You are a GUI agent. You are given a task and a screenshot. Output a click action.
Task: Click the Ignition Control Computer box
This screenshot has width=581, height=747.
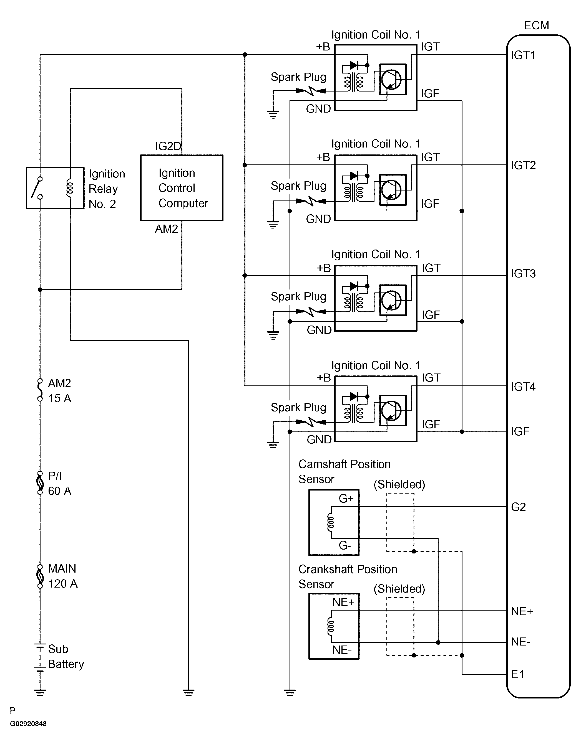click(182, 188)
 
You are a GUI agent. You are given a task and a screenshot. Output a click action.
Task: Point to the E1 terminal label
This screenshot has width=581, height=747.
click(517, 674)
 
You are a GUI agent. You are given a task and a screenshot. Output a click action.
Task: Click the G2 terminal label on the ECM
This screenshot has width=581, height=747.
click(518, 507)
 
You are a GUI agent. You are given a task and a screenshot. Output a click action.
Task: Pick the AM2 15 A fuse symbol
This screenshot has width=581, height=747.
click(40, 390)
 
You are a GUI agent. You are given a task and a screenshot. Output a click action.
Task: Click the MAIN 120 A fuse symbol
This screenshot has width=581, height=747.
click(40, 576)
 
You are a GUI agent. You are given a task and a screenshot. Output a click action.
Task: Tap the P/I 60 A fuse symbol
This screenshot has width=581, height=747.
click(40, 483)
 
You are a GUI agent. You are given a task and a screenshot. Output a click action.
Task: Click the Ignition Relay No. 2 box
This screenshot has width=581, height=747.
click(55, 188)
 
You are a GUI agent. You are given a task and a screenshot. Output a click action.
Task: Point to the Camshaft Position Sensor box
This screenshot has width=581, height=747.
click(334, 522)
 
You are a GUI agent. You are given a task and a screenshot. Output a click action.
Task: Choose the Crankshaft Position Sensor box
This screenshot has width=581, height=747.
click(334, 626)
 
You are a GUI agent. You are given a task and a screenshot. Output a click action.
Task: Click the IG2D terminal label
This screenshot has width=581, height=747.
click(168, 146)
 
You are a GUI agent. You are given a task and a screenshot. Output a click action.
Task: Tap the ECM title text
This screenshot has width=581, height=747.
click(536, 25)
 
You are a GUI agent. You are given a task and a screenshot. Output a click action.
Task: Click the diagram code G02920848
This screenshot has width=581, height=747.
click(28, 724)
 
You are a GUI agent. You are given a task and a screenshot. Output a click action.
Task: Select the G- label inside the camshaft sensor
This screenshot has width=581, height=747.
click(344, 545)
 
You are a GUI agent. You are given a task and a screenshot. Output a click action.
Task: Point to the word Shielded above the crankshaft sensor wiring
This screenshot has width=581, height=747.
click(399, 589)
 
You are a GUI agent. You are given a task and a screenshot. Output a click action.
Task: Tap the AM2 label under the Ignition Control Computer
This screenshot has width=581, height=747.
click(166, 229)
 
